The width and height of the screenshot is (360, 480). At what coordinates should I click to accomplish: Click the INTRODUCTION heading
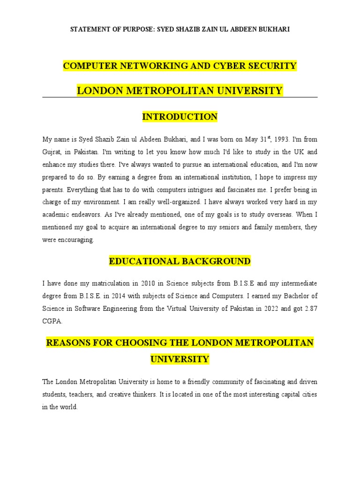point(180,117)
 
